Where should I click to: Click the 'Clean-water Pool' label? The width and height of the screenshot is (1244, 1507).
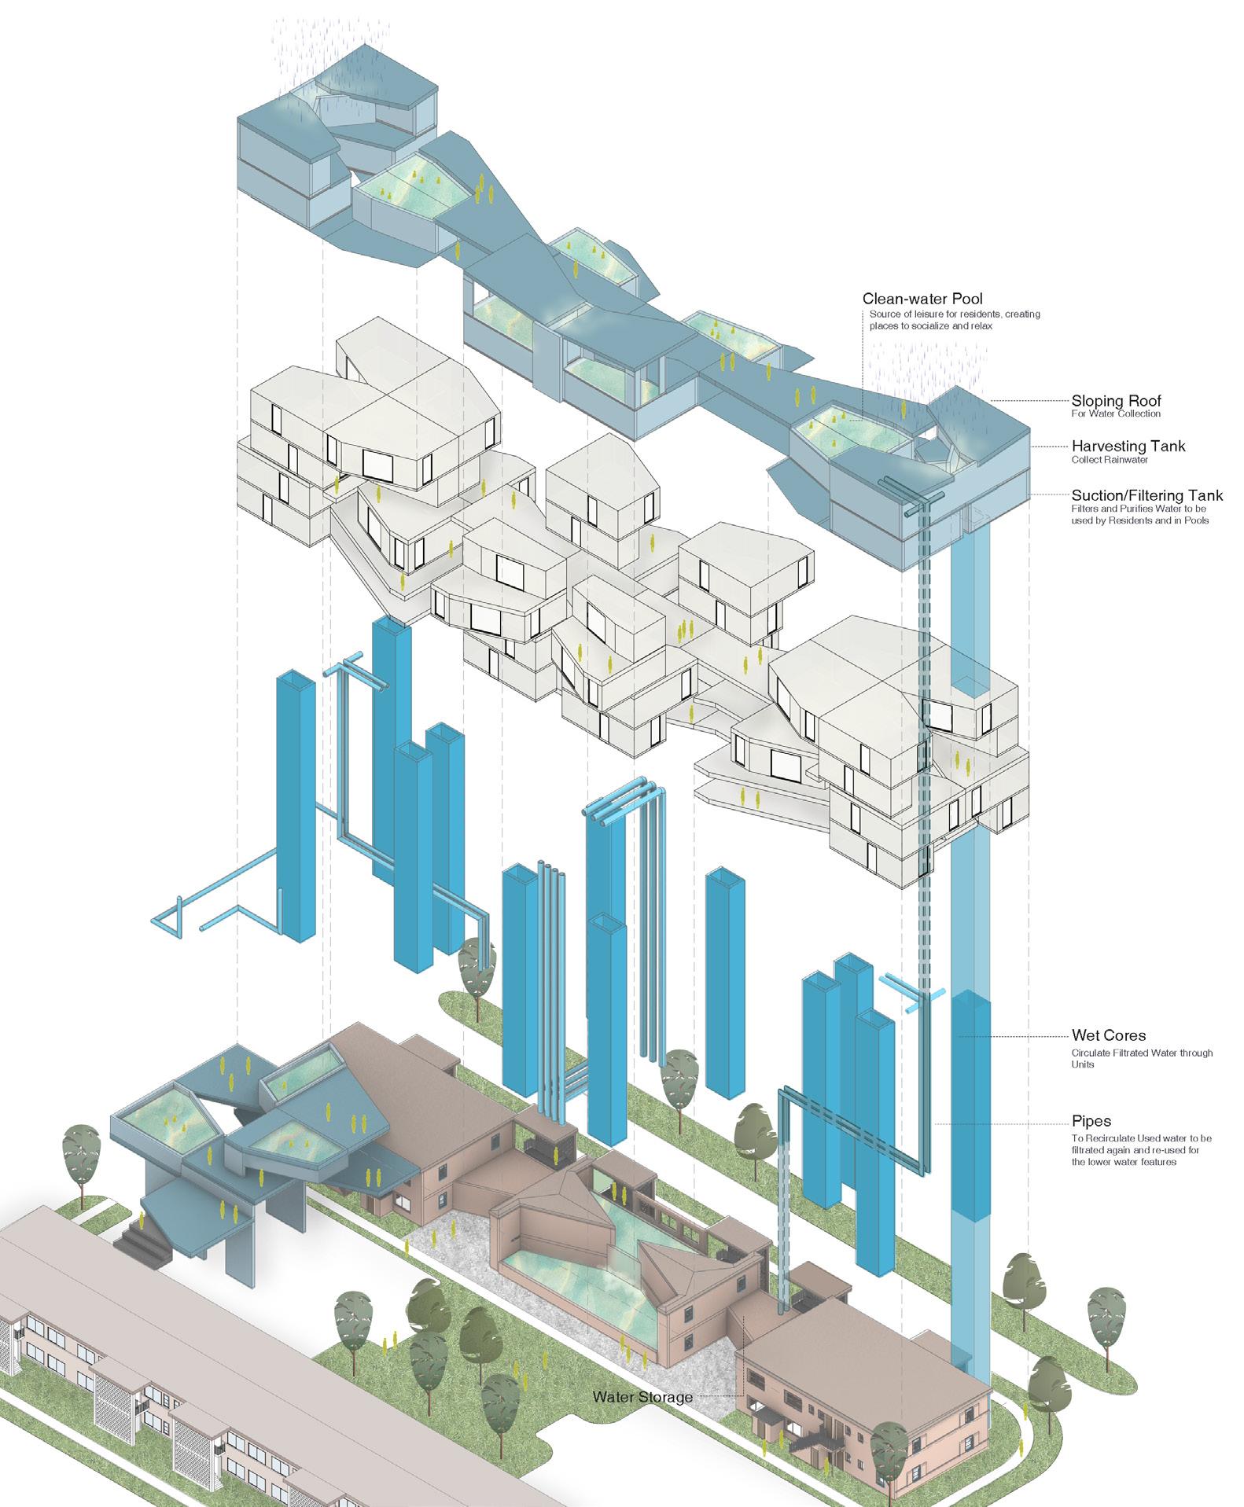pos(922,299)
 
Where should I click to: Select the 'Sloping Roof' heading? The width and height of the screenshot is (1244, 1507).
pos(1116,402)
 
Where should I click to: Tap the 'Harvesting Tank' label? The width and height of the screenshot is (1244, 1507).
pos(1128,447)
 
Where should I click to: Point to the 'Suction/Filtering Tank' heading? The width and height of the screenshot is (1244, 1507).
pos(1146,495)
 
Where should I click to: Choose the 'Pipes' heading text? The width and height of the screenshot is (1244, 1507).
pos(1091,1122)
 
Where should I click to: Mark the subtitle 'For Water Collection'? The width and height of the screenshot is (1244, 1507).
pos(1115,414)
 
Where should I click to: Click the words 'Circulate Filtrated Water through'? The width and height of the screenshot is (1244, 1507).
pos(1142,1053)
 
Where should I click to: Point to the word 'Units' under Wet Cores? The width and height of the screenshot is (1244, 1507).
pos(1083,1064)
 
